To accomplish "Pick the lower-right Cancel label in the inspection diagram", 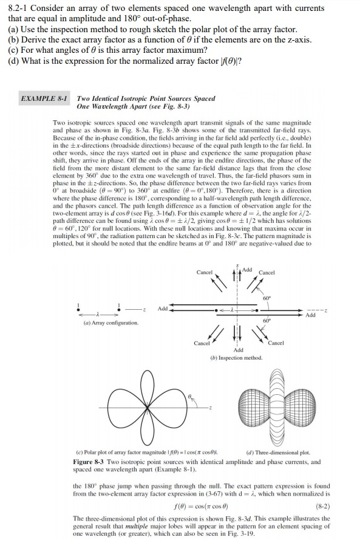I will click(277, 344).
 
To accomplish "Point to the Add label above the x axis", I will click(247, 269).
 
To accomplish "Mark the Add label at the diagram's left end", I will click(163, 309).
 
